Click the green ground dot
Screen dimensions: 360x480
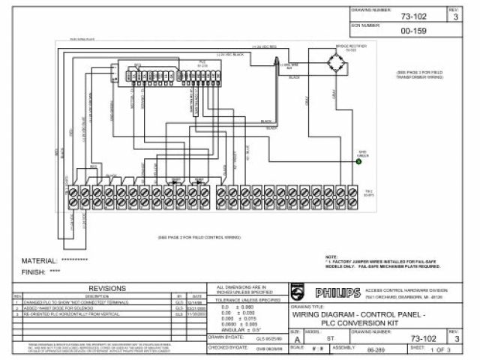pyautogui.click(x=358, y=161)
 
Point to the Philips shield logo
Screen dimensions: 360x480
pyautogui.click(x=299, y=292)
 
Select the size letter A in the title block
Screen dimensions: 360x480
pyautogui.click(x=295, y=339)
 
